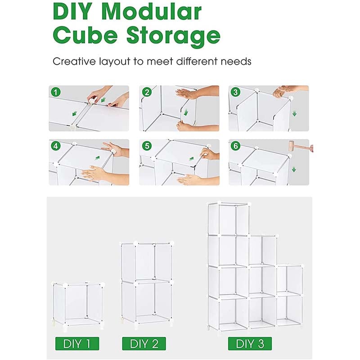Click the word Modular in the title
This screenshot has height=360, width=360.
152,12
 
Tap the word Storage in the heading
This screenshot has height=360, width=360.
173,36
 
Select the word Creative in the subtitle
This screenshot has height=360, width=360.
74,62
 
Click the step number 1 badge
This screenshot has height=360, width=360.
55,92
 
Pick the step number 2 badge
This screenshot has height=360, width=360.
147,92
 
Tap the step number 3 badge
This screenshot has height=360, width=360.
235,92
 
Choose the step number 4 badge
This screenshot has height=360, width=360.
55,146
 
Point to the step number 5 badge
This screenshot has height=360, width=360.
147,146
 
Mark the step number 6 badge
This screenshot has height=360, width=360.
235,146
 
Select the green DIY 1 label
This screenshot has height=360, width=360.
77,343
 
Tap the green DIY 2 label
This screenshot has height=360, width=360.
144,343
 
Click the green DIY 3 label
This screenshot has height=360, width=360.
250,343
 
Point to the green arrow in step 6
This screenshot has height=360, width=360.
294,170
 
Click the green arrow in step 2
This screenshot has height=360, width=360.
186,112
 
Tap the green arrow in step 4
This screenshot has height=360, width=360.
98,158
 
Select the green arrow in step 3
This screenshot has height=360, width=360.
294,114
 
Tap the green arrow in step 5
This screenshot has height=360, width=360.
191,159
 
